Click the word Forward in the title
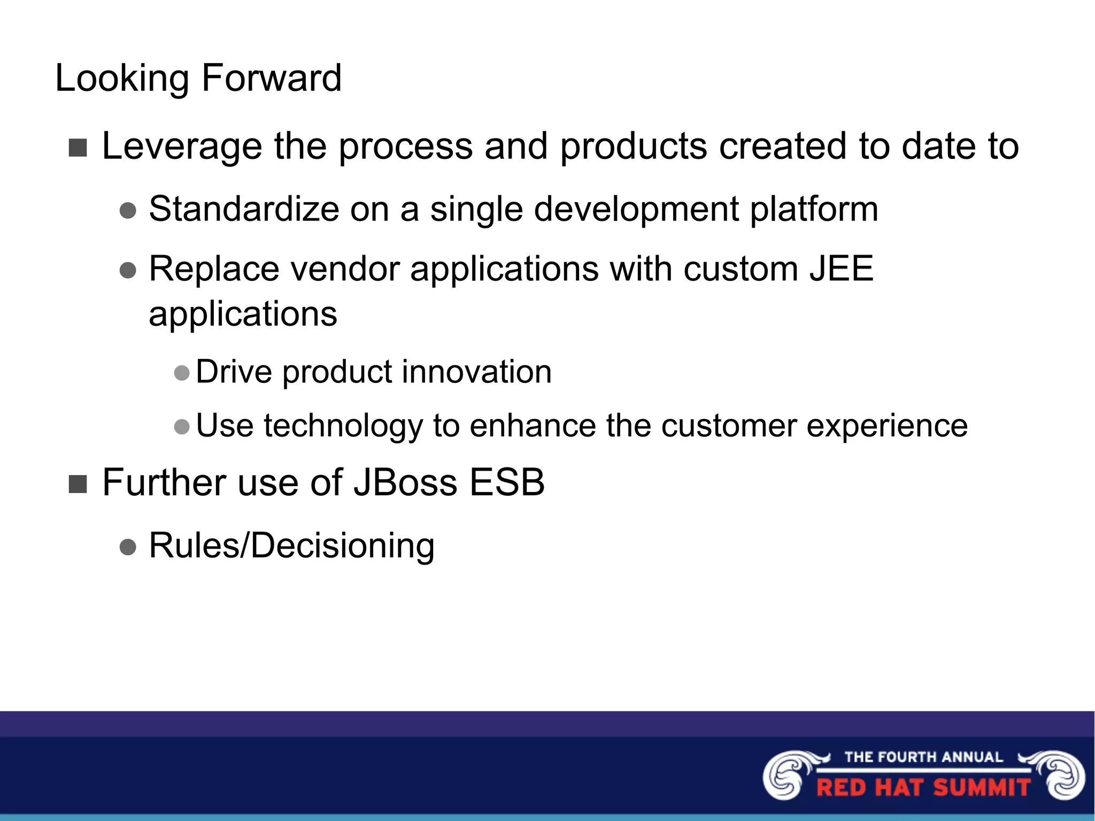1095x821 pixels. click(x=271, y=78)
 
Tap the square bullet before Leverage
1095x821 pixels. click(x=78, y=148)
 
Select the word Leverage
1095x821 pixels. click(x=182, y=147)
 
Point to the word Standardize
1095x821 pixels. click(x=243, y=209)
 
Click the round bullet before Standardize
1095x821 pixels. click(x=128, y=210)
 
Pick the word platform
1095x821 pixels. click(x=814, y=210)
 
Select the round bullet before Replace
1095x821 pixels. click(x=128, y=270)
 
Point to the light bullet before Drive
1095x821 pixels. click(x=182, y=373)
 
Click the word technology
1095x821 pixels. click(x=343, y=427)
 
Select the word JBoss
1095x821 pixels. click(x=405, y=482)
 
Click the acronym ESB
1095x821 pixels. click(x=506, y=482)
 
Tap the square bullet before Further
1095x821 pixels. click(x=78, y=484)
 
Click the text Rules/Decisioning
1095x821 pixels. click(x=291, y=546)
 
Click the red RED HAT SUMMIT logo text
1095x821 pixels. click(x=923, y=788)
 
